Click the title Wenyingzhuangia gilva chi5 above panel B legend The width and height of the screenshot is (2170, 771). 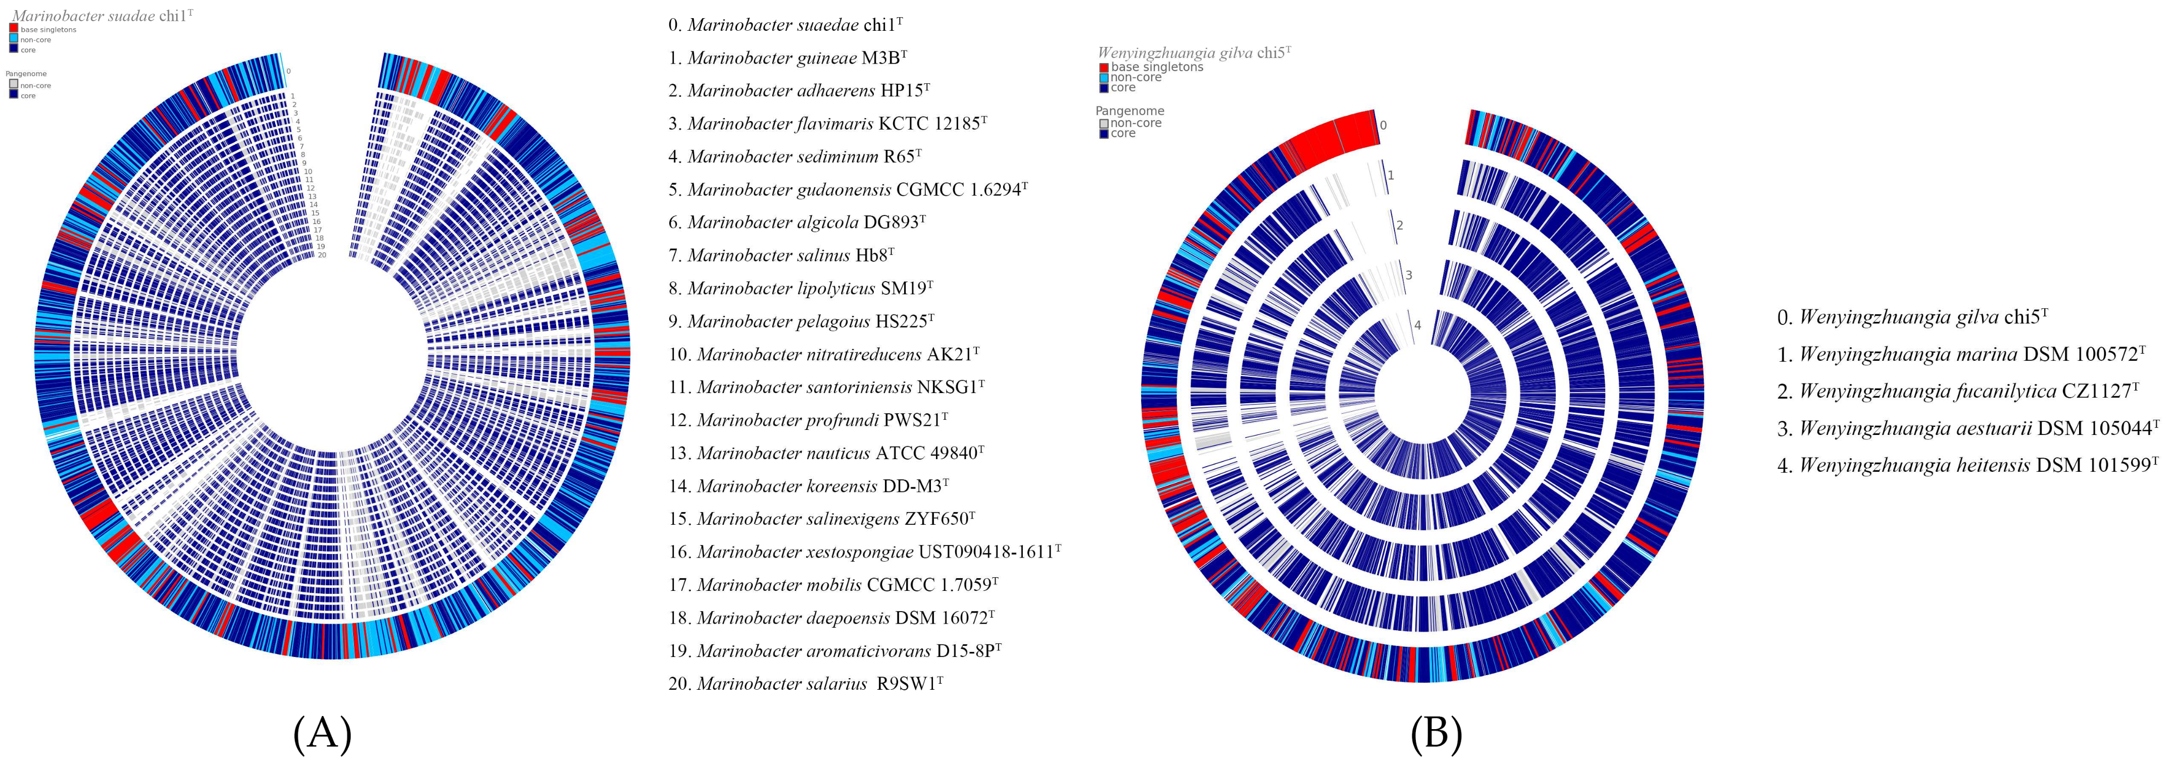pos(1194,52)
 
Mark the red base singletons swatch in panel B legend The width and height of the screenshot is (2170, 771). pos(1104,67)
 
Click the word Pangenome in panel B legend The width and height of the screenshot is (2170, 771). pos(1129,111)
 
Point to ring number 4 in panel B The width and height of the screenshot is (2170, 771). pos(1418,325)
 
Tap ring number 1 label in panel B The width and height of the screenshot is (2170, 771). pos(1391,175)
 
